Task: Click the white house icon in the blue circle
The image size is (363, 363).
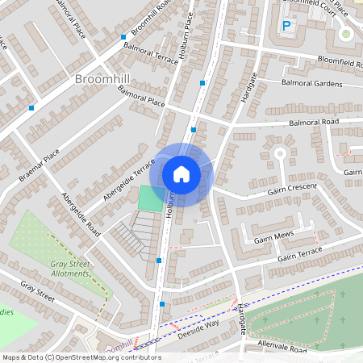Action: [181, 173]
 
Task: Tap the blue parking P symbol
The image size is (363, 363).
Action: [286, 26]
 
